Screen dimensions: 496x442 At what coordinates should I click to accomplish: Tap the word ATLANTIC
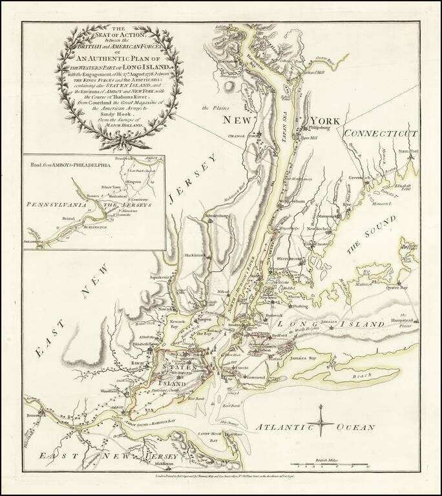click(279, 427)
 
